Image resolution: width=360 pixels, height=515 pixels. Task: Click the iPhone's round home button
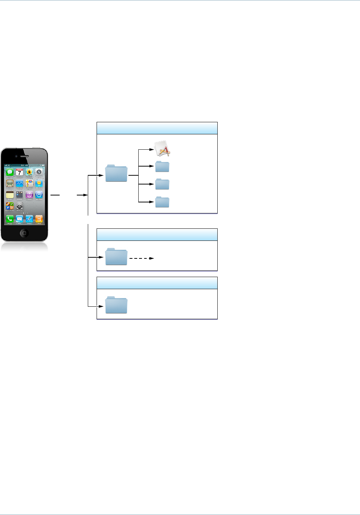click(24, 233)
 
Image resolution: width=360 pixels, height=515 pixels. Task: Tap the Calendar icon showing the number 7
click(19, 172)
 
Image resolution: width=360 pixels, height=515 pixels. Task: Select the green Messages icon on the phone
click(10, 172)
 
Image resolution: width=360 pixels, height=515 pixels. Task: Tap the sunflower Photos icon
click(29, 172)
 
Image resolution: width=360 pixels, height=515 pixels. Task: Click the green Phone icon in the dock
click(10, 219)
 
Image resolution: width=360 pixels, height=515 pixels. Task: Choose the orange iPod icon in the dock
click(39, 219)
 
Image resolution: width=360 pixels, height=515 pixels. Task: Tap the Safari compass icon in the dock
click(29, 219)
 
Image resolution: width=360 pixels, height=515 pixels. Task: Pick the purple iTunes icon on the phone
click(29, 195)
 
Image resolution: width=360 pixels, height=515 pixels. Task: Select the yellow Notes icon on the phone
click(10, 195)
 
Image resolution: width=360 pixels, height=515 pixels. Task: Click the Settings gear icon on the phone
click(19, 206)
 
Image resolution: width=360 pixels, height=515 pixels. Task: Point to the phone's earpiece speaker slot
click(24, 156)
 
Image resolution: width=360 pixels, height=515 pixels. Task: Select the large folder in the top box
click(116, 173)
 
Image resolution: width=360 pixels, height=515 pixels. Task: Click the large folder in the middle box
click(116, 257)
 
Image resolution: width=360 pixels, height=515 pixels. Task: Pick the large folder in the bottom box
click(116, 305)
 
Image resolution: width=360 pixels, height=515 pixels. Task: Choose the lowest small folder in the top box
click(162, 202)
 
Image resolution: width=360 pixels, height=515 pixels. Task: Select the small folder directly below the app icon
click(162, 167)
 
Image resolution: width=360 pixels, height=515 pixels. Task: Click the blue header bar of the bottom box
click(157, 283)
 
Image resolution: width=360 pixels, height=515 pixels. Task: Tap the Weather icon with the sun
click(39, 183)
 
